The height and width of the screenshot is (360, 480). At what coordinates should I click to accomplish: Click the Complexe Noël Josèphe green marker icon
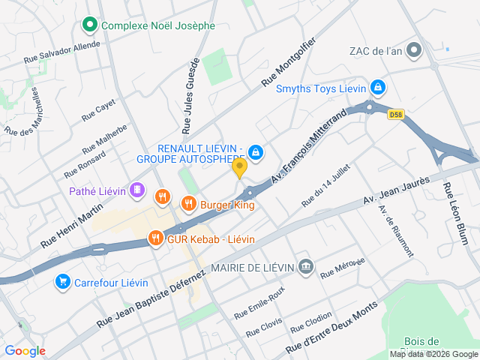(x=90, y=25)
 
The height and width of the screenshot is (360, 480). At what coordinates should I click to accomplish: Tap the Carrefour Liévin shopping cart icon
(x=63, y=282)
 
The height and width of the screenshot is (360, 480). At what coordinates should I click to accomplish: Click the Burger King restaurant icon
(x=188, y=203)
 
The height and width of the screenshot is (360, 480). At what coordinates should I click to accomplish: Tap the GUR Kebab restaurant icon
(x=155, y=238)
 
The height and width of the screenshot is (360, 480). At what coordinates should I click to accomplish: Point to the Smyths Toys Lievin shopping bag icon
(x=379, y=88)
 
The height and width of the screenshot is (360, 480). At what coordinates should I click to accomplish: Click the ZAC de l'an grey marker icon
(x=414, y=51)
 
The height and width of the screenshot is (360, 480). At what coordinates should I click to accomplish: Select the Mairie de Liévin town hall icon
(x=305, y=266)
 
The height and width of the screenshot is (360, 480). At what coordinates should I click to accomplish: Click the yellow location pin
(x=240, y=168)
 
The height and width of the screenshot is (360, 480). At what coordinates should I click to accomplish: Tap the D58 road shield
(x=396, y=115)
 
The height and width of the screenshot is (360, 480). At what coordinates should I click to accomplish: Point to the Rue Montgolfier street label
(x=289, y=63)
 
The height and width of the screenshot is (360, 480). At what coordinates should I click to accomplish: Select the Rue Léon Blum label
(x=455, y=214)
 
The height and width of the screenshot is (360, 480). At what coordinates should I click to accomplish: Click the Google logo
(x=25, y=350)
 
